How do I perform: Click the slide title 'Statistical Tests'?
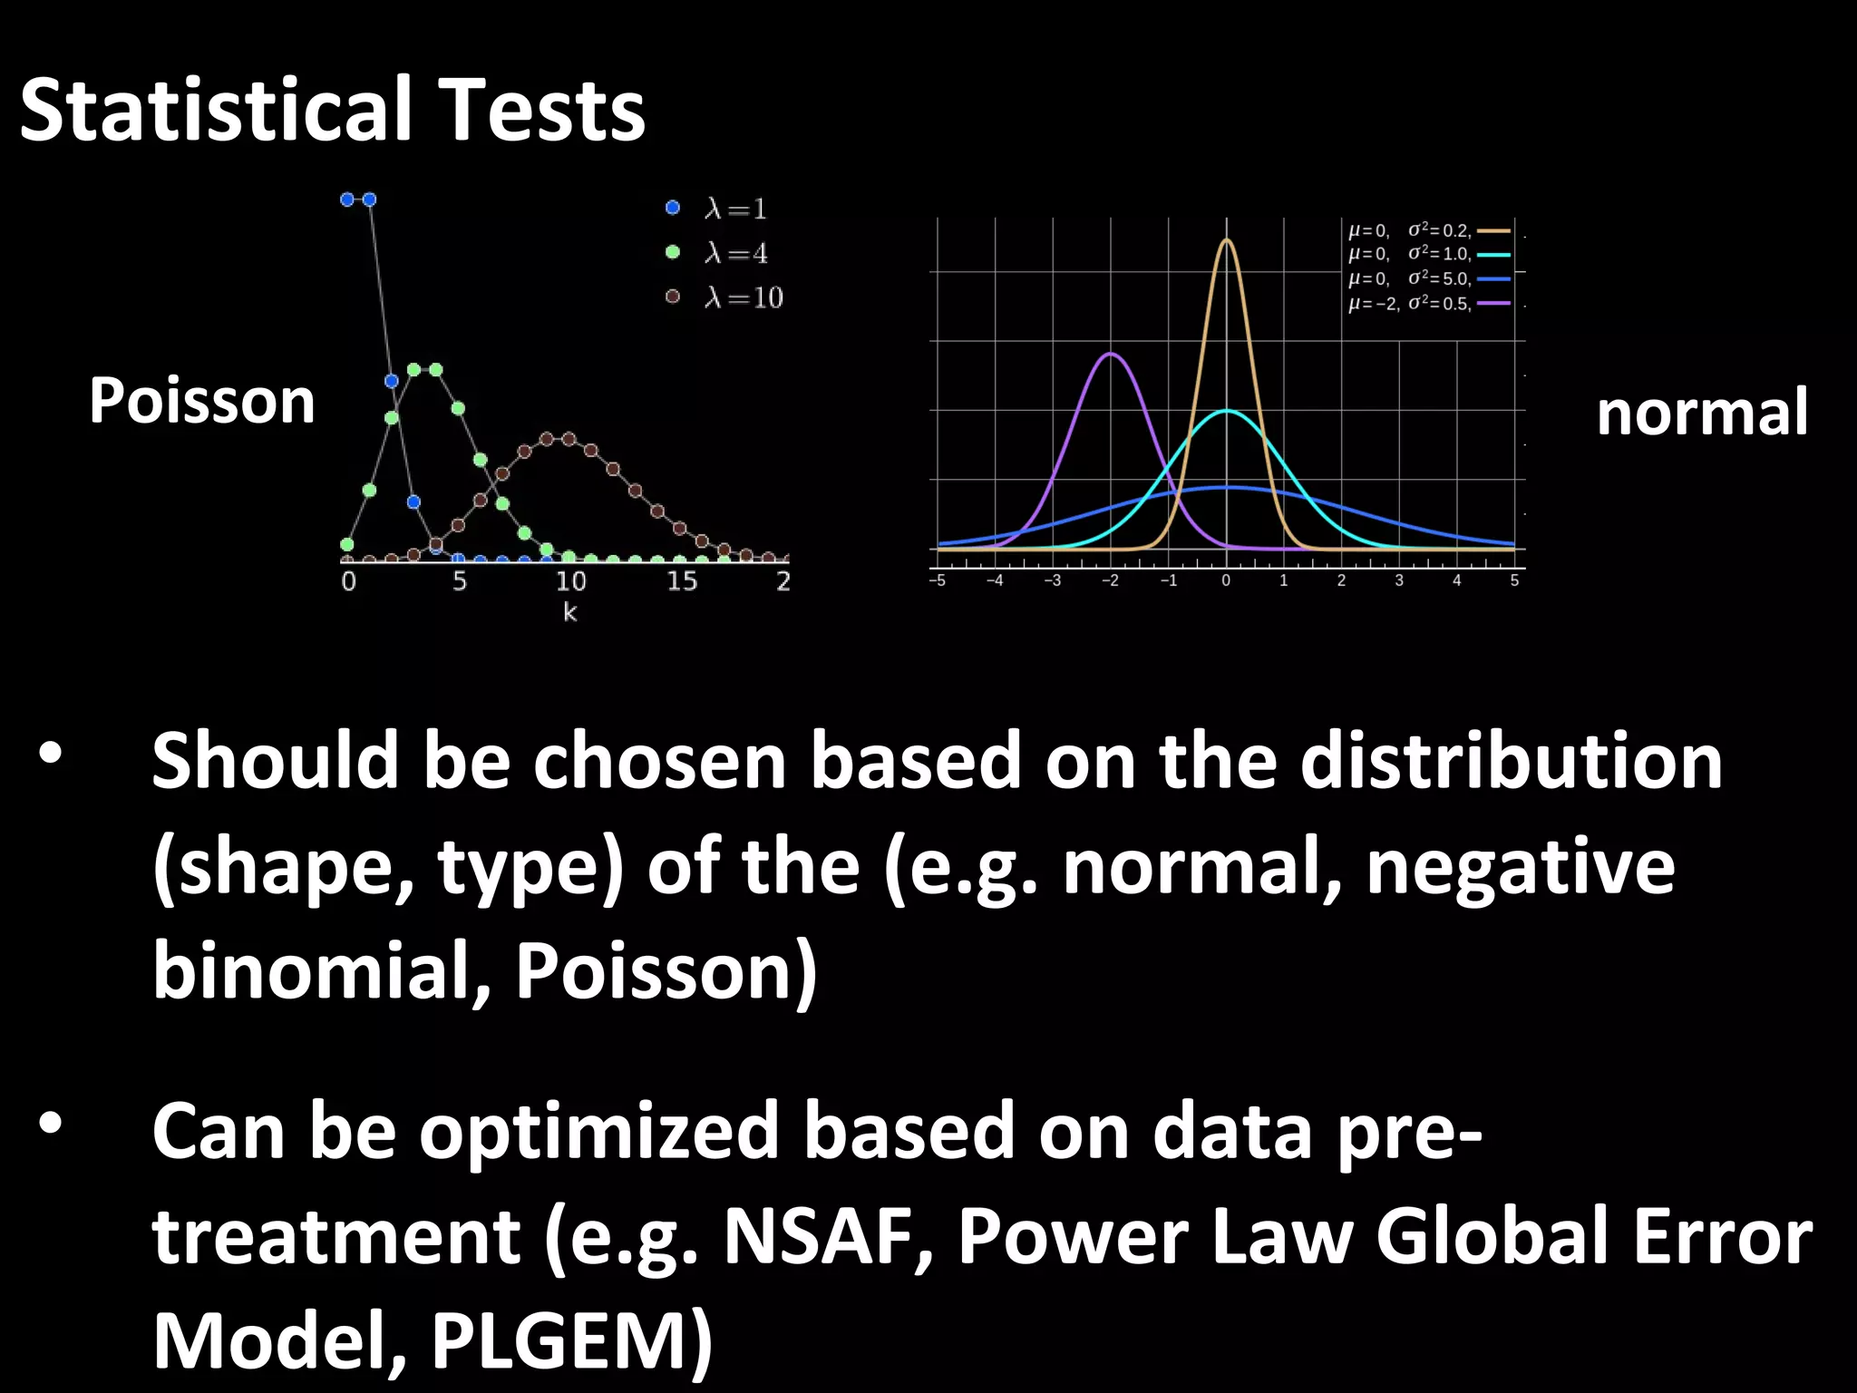[332, 111]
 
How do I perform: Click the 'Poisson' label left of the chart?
[201, 401]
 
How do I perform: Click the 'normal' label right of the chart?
[1702, 413]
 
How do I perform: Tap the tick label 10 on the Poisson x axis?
[570, 581]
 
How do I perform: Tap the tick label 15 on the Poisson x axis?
[682, 581]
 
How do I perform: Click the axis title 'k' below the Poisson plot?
[569, 613]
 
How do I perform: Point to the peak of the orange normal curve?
[1226, 240]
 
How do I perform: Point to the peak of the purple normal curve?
[1111, 354]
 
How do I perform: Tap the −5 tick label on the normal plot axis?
[938, 580]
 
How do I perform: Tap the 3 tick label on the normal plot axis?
[1399, 580]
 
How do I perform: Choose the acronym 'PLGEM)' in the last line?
[571, 1340]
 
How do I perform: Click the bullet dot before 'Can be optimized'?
[50, 1125]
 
